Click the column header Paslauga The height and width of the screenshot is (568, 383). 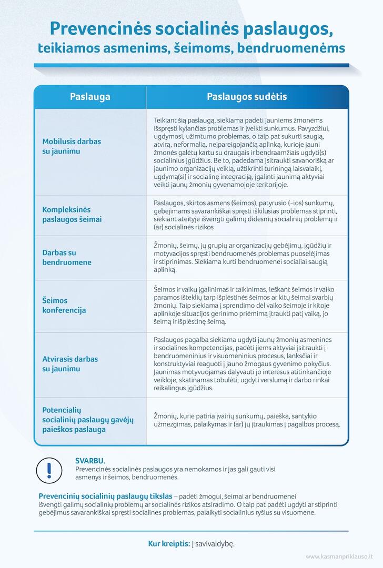pos(90,97)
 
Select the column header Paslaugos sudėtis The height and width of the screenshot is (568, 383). pos(247,97)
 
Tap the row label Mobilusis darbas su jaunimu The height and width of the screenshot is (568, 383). pos(72,146)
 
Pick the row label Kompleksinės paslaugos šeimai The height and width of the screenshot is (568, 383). pos(72,215)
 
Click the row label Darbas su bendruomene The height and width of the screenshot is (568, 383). pos(67,257)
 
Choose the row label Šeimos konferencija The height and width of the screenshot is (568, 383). pos(64,306)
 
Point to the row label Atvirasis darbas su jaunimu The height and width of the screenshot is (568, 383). pos(70,364)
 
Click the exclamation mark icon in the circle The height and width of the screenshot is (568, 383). pos(49,469)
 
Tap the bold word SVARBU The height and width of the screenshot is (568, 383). pos(90,460)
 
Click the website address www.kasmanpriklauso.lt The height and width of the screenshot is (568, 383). pos(339,556)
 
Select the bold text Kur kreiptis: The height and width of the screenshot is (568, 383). pos(169,544)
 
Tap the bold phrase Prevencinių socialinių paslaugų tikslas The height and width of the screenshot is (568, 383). pos(105,496)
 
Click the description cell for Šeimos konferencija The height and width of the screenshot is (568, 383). pos(246,306)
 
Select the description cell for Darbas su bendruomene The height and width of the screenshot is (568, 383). pos(246,257)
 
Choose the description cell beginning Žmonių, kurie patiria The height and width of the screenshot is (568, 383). pos(246,419)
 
